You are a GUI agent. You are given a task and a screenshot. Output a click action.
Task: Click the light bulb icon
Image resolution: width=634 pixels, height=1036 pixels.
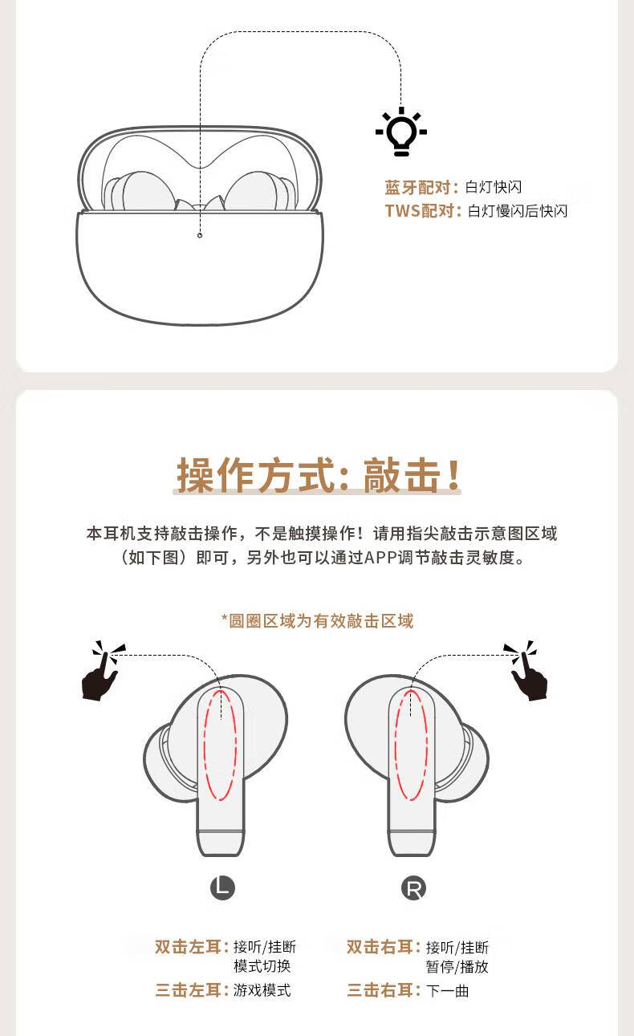click(x=400, y=132)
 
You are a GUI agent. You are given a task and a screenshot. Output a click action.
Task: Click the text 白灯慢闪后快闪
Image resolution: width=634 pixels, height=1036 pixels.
click(x=518, y=211)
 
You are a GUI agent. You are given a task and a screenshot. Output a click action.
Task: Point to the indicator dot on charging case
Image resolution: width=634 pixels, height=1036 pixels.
click(x=200, y=234)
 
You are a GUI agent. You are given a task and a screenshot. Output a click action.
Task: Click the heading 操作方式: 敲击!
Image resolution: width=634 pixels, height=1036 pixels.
click(x=319, y=475)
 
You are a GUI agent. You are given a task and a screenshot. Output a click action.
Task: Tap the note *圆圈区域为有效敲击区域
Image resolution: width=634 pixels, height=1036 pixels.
click(x=317, y=620)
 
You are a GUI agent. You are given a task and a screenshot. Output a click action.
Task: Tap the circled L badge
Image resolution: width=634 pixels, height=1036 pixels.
click(x=222, y=888)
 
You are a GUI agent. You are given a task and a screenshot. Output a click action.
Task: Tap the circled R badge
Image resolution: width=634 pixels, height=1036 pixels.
click(x=413, y=888)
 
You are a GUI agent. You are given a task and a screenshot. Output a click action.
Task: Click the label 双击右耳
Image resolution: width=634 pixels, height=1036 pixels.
click(x=383, y=947)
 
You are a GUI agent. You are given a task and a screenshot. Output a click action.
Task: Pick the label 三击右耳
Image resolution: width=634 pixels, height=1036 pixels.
click(x=383, y=990)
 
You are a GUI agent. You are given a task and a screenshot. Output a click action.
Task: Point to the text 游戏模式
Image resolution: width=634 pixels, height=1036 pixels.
click(x=262, y=990)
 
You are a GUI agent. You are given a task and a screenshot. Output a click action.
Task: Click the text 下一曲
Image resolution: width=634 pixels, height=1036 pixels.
click(x=448, y=991)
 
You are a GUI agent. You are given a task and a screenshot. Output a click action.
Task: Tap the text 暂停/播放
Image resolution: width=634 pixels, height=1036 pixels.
click(x=457, y=967)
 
